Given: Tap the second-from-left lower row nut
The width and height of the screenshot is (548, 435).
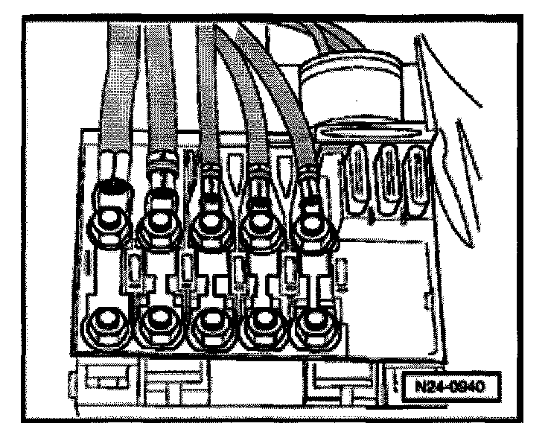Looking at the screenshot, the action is [x=159, y=322].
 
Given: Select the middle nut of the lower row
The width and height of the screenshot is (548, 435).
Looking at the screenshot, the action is [x=210, y=323].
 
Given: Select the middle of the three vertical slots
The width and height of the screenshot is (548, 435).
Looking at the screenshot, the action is [x=388, y=179].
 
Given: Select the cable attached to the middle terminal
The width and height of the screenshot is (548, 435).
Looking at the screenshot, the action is [x=209, y=104].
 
